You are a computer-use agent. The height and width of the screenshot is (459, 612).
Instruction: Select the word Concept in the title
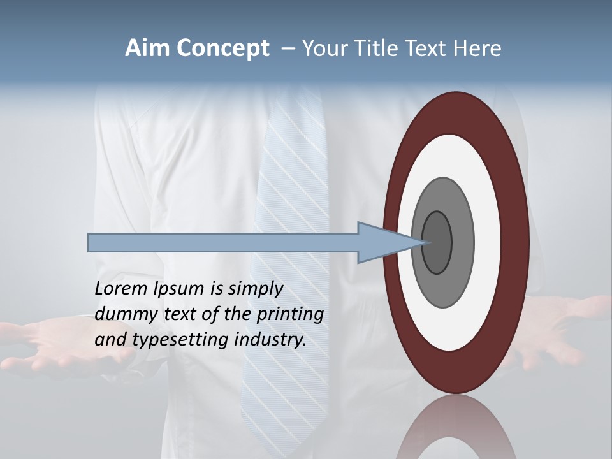(222, 48)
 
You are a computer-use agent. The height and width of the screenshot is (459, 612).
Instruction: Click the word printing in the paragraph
(289, 315)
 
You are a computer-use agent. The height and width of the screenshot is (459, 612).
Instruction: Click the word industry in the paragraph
(270, 340)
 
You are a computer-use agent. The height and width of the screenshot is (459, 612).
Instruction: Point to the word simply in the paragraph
(254, 289)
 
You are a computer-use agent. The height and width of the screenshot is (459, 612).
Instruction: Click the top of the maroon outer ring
(456, 112)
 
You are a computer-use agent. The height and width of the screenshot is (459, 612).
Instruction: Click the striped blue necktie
(293, 166)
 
